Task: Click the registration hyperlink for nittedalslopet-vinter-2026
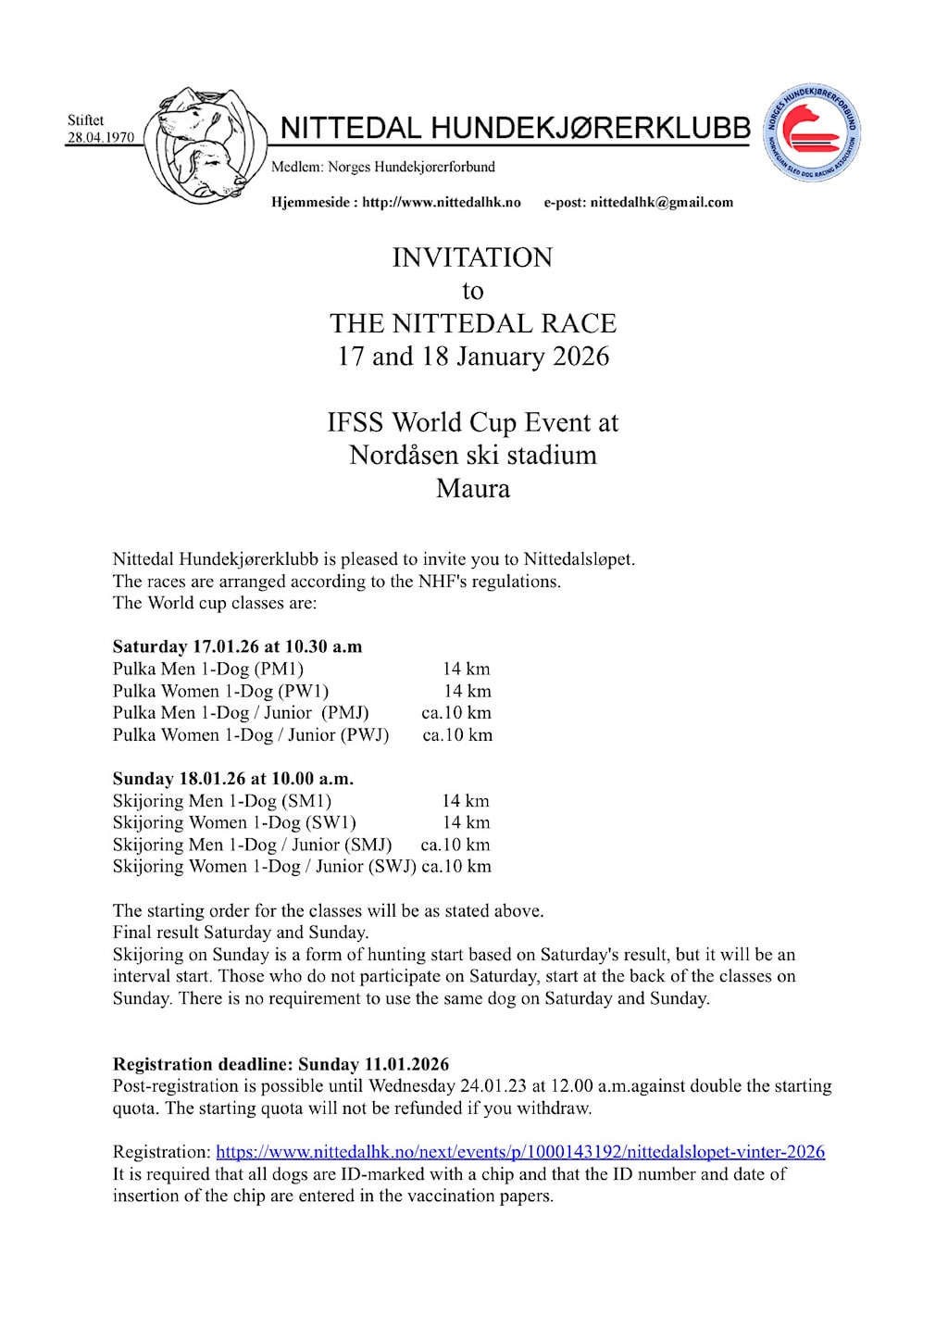520,1152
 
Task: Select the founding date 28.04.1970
100,138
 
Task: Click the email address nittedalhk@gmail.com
661,202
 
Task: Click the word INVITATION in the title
472,257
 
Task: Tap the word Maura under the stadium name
472,488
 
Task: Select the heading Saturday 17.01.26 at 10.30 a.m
237,646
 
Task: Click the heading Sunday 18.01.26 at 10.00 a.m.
233,779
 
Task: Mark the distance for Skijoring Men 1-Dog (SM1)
466,801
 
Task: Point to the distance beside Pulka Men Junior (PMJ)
456,713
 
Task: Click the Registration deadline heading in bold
281,1064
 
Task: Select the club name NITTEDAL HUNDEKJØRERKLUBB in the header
515,128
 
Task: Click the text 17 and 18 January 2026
472,357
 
